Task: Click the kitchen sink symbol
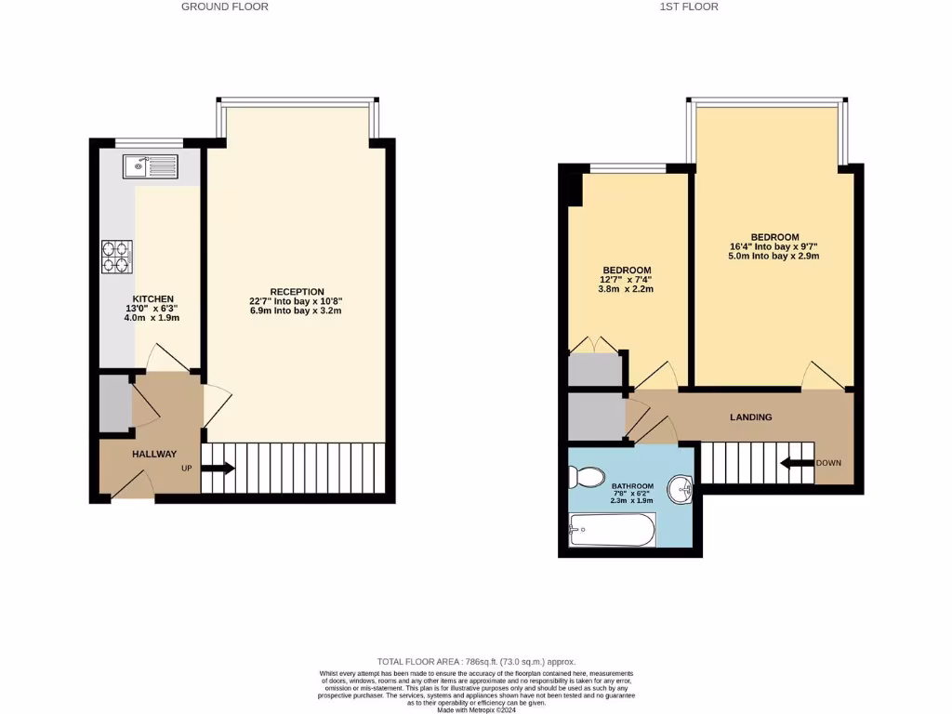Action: tap(150, 167)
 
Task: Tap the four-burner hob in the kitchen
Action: tap(117, 257)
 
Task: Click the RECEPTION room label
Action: tap(297, 291)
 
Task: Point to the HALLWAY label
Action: tap(153, 454)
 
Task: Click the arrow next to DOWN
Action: tap(796, 463)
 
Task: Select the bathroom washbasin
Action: tap(682, 488)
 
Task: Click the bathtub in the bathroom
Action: tap(611, 532)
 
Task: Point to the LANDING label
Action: tap(751, 417)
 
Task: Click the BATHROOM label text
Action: tap(632, 486)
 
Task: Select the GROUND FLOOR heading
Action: tap(225, 7)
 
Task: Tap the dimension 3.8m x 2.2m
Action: tap(626, 288)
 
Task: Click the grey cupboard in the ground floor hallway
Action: tap(115, 403)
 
